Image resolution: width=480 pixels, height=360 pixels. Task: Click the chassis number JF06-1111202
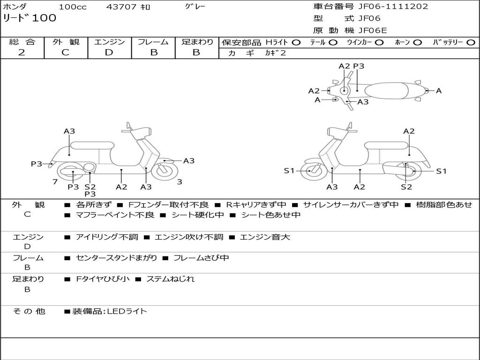(x=393, y=7)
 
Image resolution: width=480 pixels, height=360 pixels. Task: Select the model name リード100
(x=30, y=18)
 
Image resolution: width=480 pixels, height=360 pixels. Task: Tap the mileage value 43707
(x=121, y=7)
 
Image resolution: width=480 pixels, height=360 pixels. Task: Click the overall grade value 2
(x=22, y=52)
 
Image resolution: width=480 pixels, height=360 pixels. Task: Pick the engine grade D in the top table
(x=109, y=52)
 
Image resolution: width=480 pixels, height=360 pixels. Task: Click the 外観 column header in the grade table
(x=66, y=42)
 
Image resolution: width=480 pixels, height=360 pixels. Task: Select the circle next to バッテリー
(x=471, y=43)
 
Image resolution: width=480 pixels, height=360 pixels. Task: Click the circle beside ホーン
(x=417, y=43)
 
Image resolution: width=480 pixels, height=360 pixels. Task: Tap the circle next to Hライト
(x=296, y=43)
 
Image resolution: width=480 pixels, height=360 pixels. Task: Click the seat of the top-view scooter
(x=386, y=91)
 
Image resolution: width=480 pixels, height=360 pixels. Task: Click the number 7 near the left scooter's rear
(x=55, y=182)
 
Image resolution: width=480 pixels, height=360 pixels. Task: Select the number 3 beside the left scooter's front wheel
(x=180, y=182)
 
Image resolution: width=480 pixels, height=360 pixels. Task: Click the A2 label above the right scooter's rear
(x=409, y=131)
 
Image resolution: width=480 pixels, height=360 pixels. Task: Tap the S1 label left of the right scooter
(x=289, y=171)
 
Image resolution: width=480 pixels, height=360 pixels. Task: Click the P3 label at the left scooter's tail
(x=37, y=164)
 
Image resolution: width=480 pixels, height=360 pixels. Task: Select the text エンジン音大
(x=265, y=237)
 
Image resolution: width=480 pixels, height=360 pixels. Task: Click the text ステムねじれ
(x=171, y=279)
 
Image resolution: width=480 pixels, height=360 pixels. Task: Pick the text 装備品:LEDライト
(x=110, y=311)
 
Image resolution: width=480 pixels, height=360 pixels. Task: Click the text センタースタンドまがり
(x=116, y=258)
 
